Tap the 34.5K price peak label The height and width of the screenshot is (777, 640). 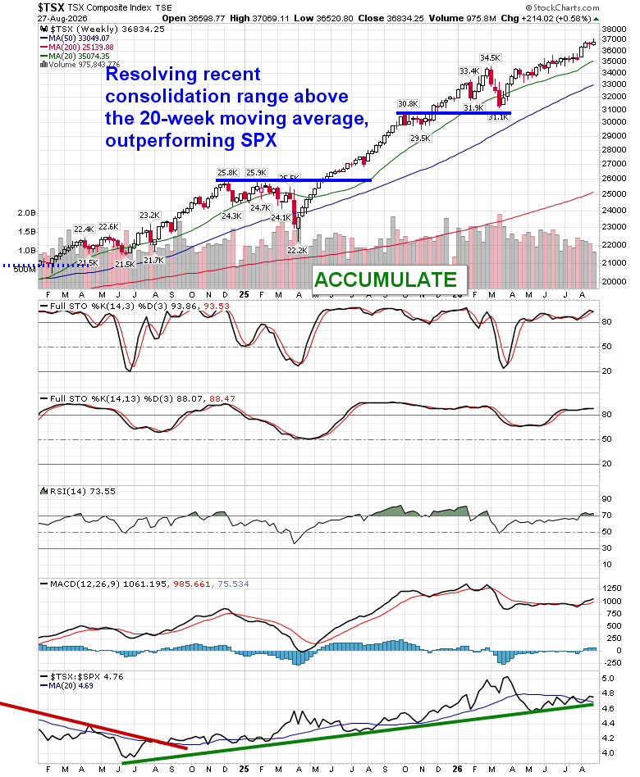(490, 58)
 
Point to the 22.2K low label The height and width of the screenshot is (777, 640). (297, 251)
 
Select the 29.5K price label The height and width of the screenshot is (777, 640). (420, 139)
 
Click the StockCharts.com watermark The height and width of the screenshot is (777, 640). (562, 7)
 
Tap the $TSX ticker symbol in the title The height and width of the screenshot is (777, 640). (51, 7)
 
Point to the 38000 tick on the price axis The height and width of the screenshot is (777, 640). (614, 29)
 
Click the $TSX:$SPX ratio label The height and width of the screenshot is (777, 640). (73, 676)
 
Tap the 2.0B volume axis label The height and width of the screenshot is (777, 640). (27, 213)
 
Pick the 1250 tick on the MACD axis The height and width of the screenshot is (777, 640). (612, 588)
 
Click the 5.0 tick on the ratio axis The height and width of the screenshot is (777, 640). (608, 679)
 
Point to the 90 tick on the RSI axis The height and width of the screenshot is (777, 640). (606, 499)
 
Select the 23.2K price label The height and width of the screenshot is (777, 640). (149, 216)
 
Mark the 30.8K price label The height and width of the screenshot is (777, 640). (408, 104)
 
